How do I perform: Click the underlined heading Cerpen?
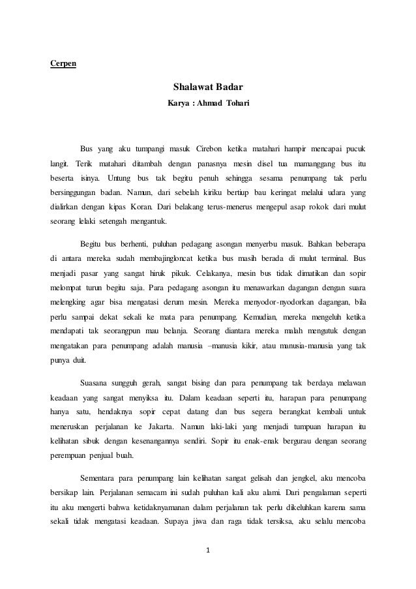[x=63, y=63]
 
